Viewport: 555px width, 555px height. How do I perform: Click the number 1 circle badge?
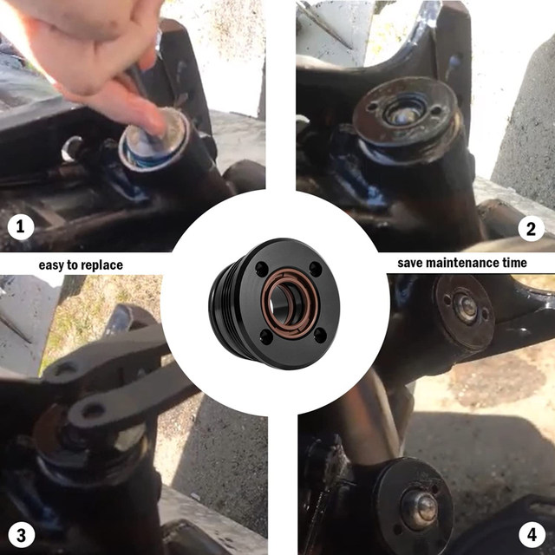tap(21, 226)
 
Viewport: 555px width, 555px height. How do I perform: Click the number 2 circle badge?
tap(531, 229)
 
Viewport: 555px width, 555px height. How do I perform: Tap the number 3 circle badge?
tap(21, 535)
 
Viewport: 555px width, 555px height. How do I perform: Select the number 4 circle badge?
tap(532, 534)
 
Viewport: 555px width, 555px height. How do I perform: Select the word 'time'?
tap(514, 263)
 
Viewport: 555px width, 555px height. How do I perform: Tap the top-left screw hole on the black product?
tap(262, 270)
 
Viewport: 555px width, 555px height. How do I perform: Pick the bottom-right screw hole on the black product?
tap(320, 335)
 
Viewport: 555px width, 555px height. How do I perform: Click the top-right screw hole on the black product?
tap(315, 269)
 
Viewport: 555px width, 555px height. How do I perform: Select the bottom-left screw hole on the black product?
tap(266, 336)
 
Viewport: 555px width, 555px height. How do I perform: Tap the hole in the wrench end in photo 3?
tap(93, 410)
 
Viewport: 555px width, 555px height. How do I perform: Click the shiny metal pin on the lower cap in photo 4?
tap(421, 508)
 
